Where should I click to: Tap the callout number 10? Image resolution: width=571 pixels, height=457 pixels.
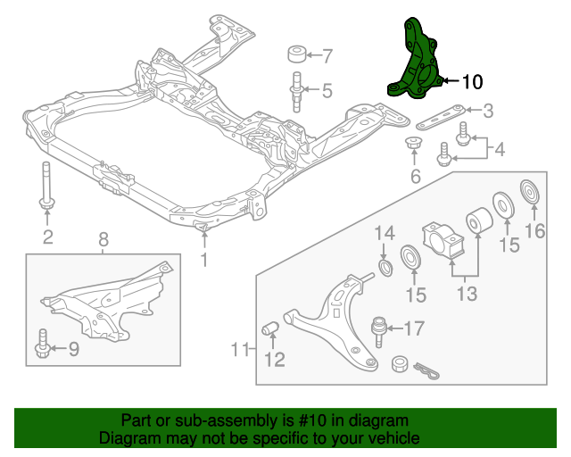coord(471,81)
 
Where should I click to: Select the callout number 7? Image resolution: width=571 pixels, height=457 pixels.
coord(327,56)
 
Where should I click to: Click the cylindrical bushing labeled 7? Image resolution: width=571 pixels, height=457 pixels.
coord(298,53)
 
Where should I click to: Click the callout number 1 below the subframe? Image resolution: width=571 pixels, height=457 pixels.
coord(204,260)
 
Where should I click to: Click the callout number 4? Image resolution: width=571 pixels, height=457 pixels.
coord(499,149)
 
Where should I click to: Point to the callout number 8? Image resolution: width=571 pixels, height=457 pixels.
coord(103,239)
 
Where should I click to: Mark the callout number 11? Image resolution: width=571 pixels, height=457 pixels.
coord(240,348)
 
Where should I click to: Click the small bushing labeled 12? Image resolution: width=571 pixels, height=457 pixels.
coord(270,332)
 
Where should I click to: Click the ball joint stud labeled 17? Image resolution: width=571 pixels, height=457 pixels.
coord(377,328)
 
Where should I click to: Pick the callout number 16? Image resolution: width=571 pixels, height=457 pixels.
coord(534,235)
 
